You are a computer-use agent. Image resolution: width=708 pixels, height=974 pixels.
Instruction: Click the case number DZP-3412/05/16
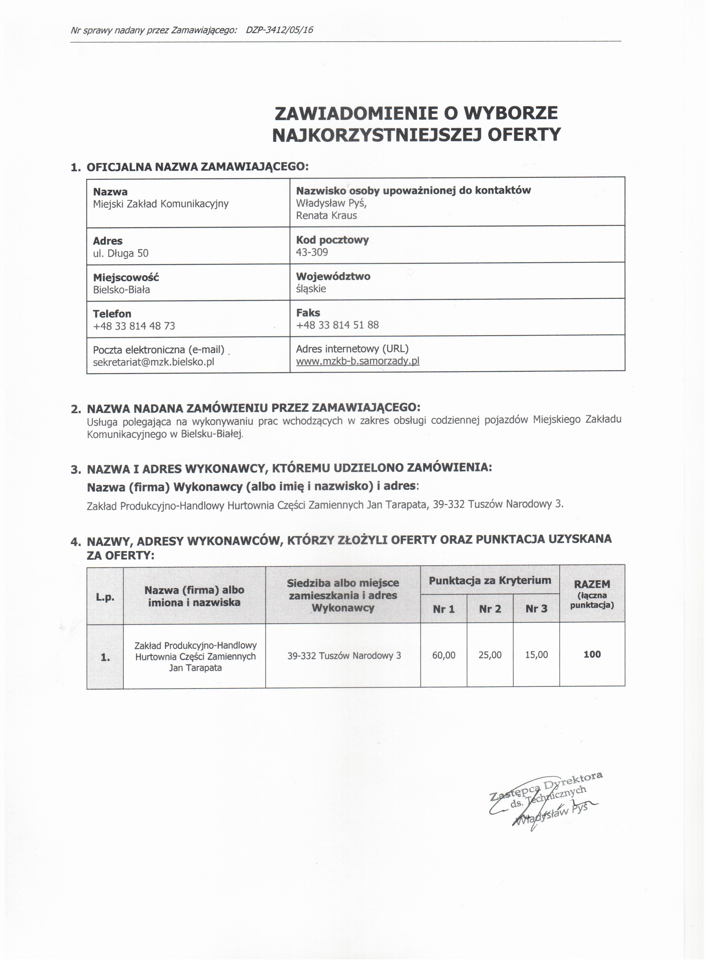coord(279,30)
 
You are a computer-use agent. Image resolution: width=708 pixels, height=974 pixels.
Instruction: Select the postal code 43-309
coord(312,252)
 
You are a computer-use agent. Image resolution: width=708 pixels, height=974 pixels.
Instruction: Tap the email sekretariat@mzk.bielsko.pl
coord(153,362)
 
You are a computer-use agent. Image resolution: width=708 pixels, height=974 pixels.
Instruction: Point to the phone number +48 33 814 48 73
coord(134,326)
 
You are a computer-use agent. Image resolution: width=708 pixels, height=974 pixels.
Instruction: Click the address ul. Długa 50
coord(121,253)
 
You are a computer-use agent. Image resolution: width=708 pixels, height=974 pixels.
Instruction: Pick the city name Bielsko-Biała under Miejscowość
coord(122,289)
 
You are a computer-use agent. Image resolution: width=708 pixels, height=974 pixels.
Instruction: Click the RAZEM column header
coord(592,584)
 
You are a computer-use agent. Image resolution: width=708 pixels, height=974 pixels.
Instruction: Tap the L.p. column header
coord(105,597)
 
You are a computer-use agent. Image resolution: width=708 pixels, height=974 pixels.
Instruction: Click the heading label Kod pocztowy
coord(332,240)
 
